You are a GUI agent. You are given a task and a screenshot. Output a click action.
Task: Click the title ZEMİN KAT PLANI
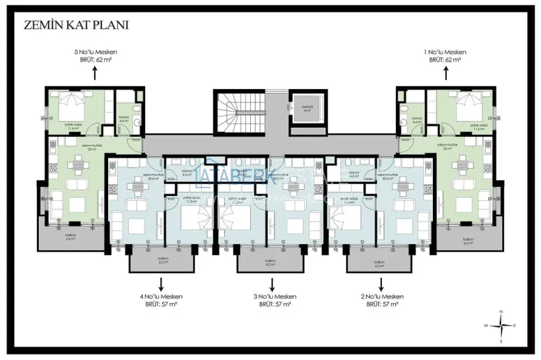(76, 25)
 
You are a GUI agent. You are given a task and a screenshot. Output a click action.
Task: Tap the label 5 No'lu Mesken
(95, 52)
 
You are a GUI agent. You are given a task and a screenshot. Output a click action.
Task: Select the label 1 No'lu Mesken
(445, 52)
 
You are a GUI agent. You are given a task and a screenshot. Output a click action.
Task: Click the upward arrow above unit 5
(95, 73)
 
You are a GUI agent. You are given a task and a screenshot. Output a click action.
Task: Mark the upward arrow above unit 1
(445, 73)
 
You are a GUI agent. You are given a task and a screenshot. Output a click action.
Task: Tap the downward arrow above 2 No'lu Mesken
(382, 283)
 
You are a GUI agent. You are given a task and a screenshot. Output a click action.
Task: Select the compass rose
(502, 325)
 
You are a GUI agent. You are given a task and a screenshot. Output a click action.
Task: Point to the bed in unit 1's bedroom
(470, 102)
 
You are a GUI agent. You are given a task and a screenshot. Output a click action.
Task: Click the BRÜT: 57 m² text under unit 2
(383, 305)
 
